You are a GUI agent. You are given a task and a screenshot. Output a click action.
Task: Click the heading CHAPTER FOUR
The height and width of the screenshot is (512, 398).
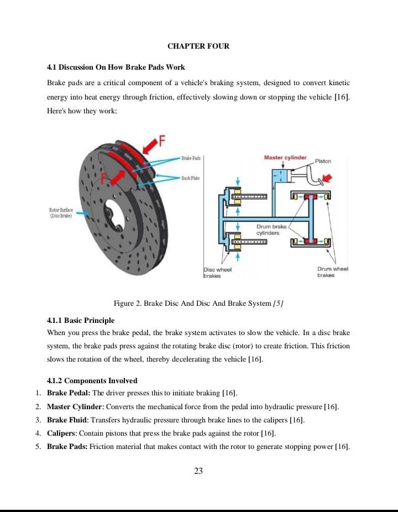click(198, 46)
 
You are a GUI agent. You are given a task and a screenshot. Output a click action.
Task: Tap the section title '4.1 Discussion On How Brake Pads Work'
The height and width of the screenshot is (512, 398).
click(116, 67)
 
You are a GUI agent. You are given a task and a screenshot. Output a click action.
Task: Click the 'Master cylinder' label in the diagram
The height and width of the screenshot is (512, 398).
click(285, 158)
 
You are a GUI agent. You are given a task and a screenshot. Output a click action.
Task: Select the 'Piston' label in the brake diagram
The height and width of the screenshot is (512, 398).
click(323, 161)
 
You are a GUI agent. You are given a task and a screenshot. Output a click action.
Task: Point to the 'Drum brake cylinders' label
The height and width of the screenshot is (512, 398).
click(271, 229)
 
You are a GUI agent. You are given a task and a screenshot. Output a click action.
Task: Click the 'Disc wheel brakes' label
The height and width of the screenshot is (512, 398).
click(217, 272)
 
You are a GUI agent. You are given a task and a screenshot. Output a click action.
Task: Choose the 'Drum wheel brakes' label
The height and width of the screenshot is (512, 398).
click(333, 272)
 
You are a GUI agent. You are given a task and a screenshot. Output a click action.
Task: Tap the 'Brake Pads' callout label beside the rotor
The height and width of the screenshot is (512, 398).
click(190, 158)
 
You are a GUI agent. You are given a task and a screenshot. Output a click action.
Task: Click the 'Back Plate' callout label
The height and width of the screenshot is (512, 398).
click(190, 178)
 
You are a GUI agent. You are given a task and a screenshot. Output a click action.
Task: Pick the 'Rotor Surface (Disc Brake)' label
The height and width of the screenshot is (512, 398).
click(61, 213)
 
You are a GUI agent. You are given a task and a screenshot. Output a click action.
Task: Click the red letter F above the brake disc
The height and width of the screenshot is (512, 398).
click(163, 141)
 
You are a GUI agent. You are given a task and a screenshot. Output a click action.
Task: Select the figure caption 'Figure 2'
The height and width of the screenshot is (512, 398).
click(198, 303)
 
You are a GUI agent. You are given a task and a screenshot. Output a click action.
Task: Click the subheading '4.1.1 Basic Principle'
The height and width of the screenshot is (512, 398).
click(81, 320)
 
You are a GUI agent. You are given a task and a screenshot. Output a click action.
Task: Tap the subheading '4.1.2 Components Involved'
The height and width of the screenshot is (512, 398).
click(92, 380)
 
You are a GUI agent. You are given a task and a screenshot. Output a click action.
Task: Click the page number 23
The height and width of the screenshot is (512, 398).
click(199, 471)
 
